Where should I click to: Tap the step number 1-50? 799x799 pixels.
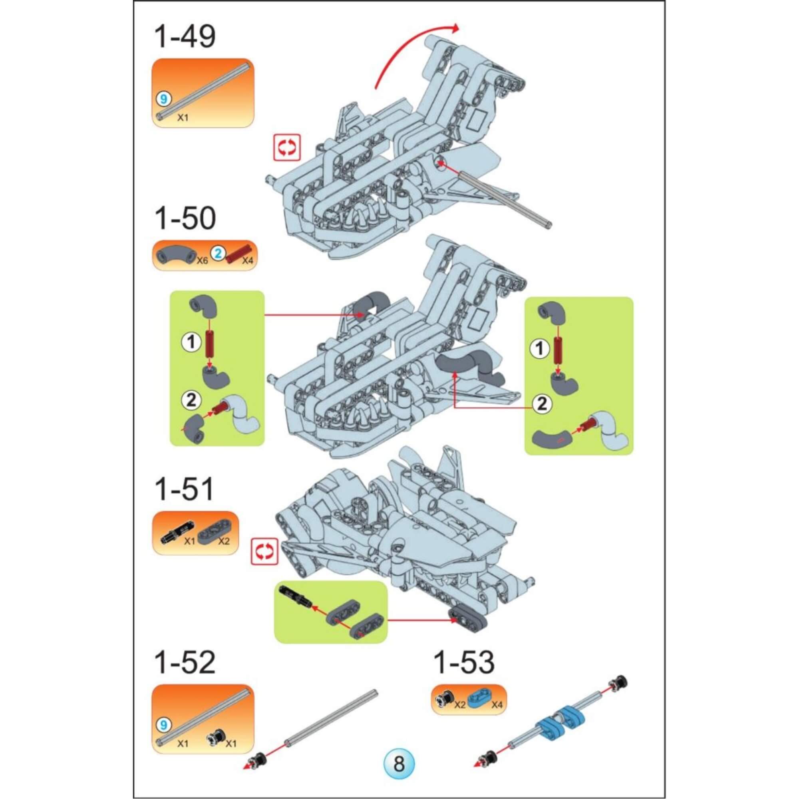pos(185,219)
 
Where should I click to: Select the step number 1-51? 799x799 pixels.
pos(184,489)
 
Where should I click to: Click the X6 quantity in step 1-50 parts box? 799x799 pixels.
pos(202,260)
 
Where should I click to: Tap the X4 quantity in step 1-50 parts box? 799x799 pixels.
pos(247,260)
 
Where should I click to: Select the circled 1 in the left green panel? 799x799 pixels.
pos(191,342)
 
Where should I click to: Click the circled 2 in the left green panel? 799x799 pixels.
pos(191,400)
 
